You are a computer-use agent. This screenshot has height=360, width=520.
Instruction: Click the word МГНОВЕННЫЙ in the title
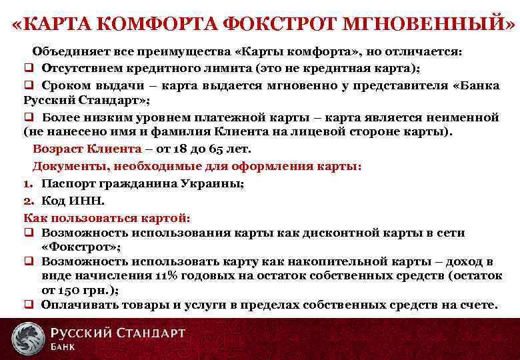[x=428, y=25]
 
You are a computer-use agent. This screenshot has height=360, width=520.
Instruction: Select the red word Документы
[x=68, y=165]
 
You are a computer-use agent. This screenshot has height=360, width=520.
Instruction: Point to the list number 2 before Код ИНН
[x=29, y=199]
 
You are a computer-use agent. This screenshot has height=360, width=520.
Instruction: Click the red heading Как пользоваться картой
[x=107, y=217]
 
